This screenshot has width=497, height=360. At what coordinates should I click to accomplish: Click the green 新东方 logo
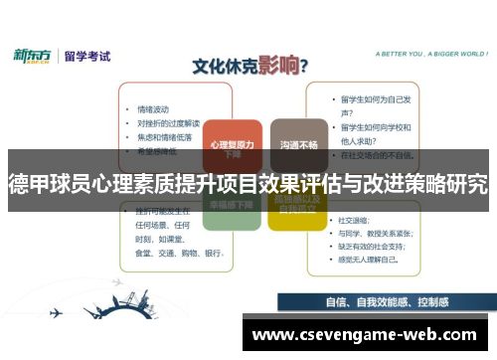pos(34,56)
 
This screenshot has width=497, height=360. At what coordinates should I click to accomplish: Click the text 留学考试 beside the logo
pos(87,56)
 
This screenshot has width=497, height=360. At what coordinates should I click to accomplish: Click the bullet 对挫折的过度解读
pos(168,123)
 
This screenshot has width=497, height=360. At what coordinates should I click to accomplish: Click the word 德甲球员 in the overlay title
pos(41,186)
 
